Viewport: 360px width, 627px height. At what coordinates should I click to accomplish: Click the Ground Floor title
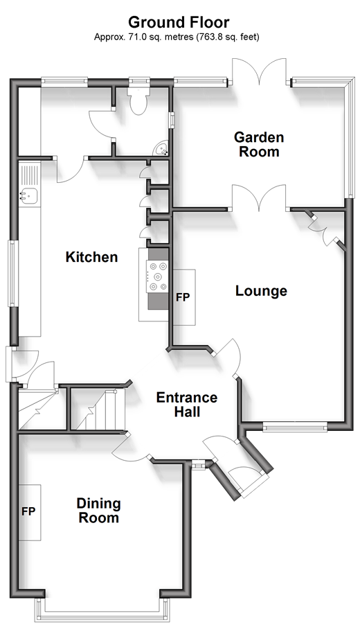(179, 22)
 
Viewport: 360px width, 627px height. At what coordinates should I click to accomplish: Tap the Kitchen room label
(91, 257)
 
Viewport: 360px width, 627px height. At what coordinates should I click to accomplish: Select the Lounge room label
(261, 291)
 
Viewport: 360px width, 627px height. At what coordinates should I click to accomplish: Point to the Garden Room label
(259, 144)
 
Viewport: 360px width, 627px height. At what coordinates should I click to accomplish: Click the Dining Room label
(99, 510)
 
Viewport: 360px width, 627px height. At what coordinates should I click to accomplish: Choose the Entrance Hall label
(187, 405)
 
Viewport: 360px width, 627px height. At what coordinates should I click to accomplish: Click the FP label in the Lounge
(183, 297)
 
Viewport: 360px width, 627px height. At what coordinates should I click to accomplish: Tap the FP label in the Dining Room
(29, 511)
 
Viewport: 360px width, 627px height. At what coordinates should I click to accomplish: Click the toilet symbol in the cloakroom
(138, 100)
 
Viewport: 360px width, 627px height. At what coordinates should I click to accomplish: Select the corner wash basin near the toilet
(162, 149)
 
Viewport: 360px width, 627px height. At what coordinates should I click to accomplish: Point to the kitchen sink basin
(28, 196)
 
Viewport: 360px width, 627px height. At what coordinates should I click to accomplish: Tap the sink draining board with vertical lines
(29, 175)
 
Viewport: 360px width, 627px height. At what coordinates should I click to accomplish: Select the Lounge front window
(295, 427)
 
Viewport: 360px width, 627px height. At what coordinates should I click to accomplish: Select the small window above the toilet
(138, 82)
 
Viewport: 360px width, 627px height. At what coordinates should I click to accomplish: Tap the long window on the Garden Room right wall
(350, 136)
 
